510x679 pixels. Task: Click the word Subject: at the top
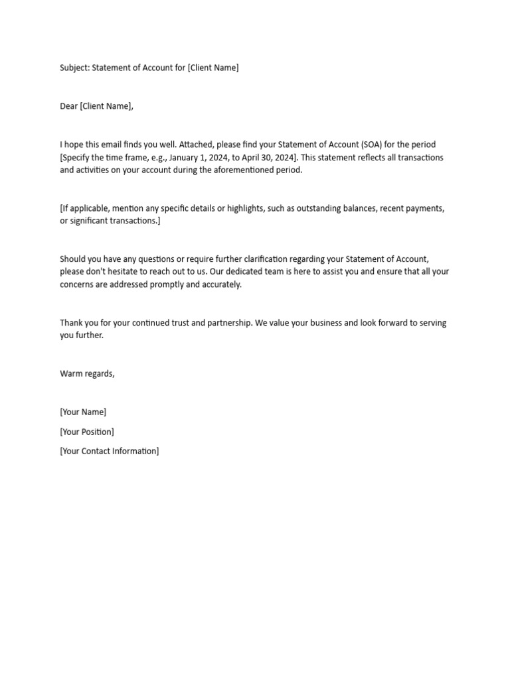[x=74, y=68]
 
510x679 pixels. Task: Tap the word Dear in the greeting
[x=68, y=106]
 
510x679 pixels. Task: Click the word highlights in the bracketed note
[x=248, y=208]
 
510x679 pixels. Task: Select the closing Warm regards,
[x=87, y=374]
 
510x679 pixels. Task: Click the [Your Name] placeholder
[x=83, y=412]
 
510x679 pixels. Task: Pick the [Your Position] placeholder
[x=87, y=432]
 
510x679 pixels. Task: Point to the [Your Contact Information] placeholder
[x=110, y=452]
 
